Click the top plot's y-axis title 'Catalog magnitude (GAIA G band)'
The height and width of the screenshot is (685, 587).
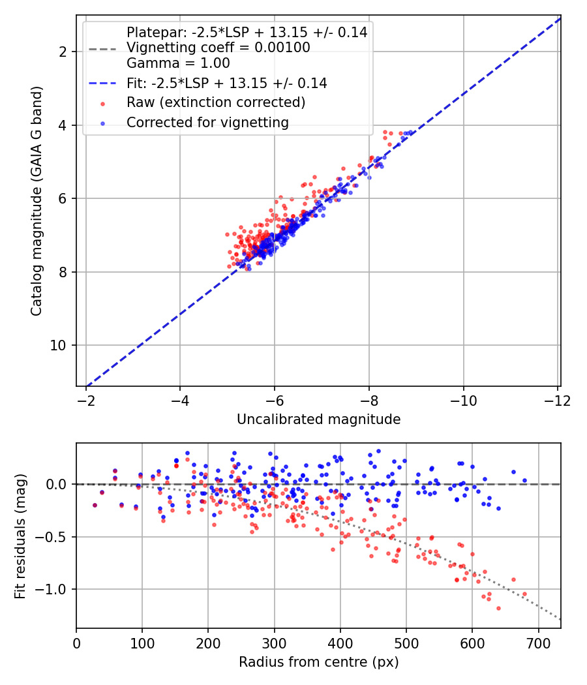point(37,201)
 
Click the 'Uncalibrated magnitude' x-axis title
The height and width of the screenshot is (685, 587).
point(318,419)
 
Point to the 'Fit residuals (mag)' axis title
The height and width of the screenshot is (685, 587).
point(20,536)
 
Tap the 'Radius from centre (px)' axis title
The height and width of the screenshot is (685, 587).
point(318,662)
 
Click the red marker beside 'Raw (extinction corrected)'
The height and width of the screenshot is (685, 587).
point(102,104)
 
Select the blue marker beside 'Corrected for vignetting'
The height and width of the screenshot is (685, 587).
point(102,124)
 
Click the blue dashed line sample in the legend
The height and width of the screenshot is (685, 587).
point(102,84)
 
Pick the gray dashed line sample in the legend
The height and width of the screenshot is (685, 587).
point(102,49)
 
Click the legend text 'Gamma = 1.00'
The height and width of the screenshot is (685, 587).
point(178,63)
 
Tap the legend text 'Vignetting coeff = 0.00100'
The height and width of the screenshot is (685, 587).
point(218,47)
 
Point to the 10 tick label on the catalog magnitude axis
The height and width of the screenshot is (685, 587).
point(57,346)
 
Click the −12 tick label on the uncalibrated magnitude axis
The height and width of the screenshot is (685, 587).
point(557,401)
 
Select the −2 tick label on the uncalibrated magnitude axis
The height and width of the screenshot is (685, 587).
point(85,401)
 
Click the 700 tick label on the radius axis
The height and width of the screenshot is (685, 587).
point(538,644)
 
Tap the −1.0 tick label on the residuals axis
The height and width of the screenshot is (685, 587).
point(52,590)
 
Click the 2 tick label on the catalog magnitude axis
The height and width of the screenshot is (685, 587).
point(63,52)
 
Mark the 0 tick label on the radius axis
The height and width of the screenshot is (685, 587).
point(76,644)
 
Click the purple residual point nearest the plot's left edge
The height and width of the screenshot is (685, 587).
point(95,506)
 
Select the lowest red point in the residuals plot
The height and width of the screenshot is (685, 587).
point(498,608)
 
